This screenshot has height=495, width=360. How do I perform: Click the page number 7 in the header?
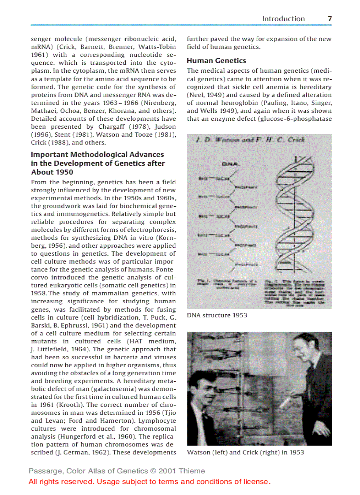330,19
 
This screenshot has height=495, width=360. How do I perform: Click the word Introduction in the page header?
283,19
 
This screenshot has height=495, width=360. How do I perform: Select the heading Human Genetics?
216,60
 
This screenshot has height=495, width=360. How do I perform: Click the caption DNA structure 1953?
217,315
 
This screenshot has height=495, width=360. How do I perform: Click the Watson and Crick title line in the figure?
250,140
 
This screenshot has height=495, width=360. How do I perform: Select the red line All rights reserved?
149,481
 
